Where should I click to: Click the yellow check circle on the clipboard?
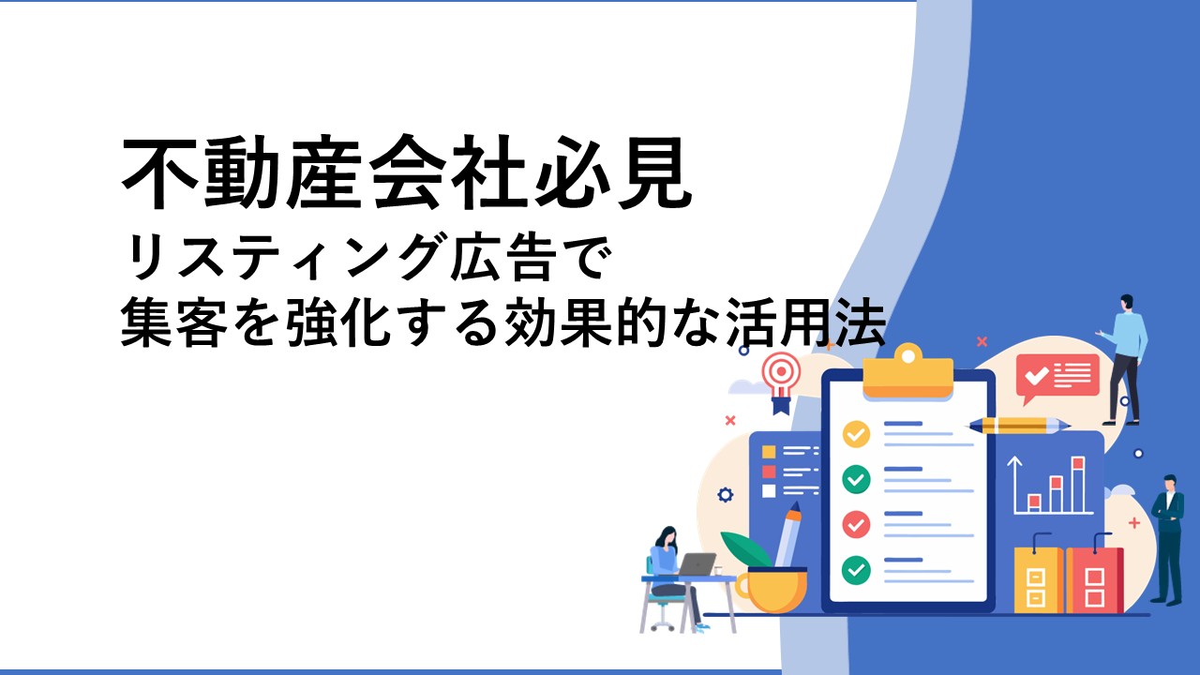click(856, 434)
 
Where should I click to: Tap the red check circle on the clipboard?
click(856, 524)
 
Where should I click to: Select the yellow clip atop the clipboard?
click(908, 370)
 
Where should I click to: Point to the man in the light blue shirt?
click(1124, 359)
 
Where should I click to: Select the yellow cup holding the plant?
click(772, 590)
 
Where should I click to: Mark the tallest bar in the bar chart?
click(1078, 485)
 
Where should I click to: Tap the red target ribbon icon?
click(781, 382)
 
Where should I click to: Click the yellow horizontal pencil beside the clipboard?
click(1018, 426)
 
